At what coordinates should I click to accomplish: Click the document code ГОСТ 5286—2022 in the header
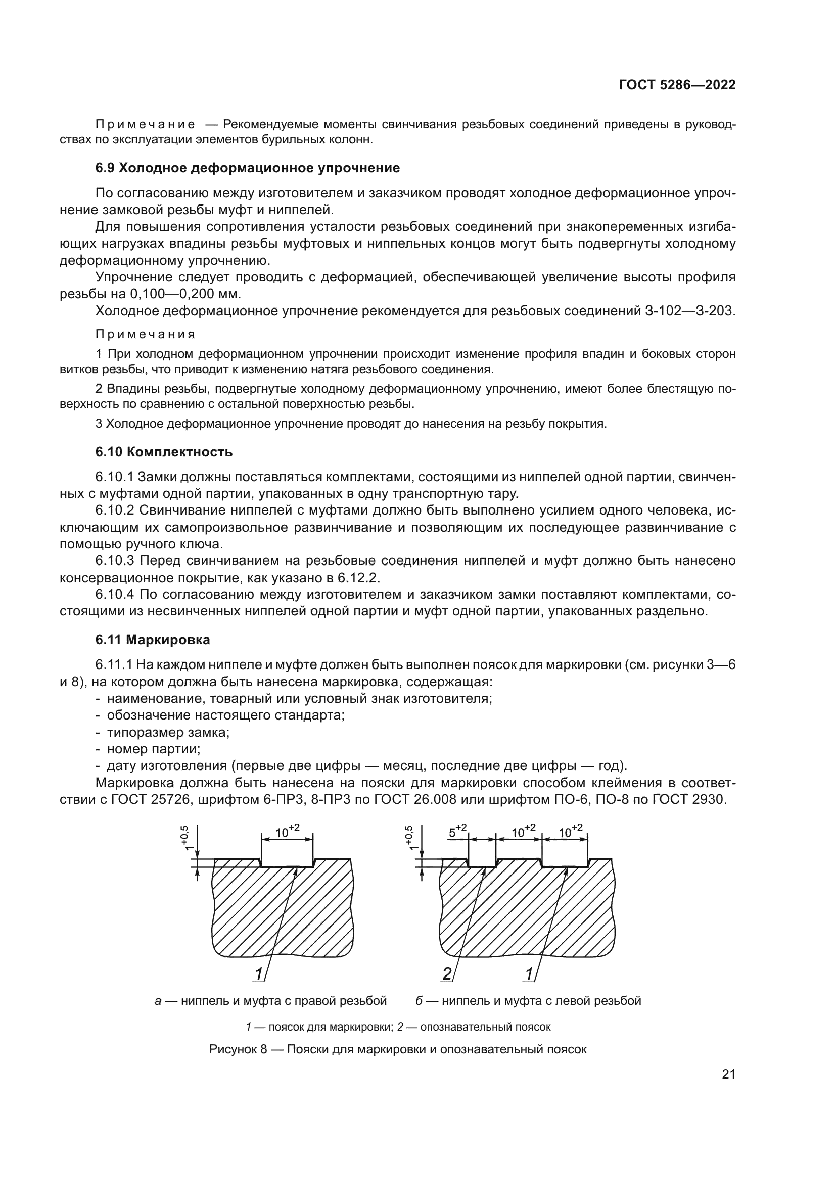676,85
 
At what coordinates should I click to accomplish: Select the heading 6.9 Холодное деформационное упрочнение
248,168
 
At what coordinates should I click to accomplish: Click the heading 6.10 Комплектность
164,452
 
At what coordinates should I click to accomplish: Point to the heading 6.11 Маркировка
153,640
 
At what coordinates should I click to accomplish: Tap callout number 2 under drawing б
447,973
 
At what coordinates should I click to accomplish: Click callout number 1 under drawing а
259,973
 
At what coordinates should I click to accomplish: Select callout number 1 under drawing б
529,973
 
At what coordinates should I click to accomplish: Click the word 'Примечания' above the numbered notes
146,335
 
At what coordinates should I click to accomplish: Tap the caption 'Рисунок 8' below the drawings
245,1049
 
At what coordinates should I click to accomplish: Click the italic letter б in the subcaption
419,1001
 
